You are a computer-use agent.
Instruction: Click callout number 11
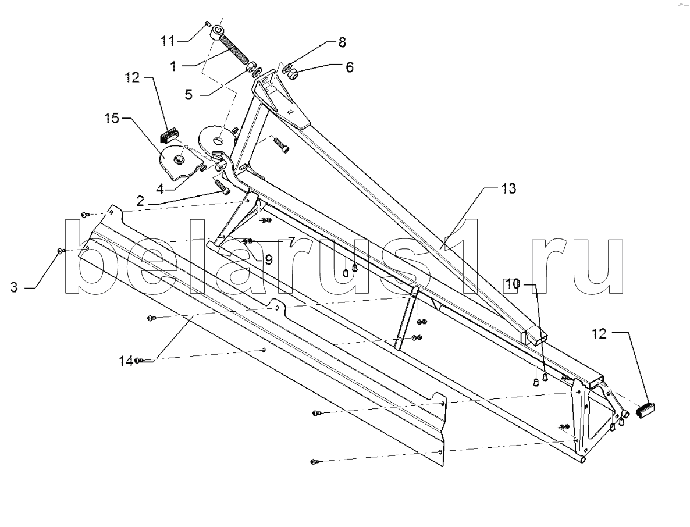tap(168, 40)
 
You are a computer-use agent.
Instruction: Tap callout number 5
tap(189, 94)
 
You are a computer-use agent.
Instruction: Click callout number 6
tap(349, 67)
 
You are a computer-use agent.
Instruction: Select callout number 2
tap(141, 202)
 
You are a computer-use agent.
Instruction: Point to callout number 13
tap(508, 189)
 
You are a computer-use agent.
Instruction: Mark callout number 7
tap(289, 240)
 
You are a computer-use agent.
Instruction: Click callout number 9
tap(269, 259)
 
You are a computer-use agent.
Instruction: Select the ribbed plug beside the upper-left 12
tap(169, 137)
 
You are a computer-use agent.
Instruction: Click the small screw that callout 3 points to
tap(60, 251)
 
